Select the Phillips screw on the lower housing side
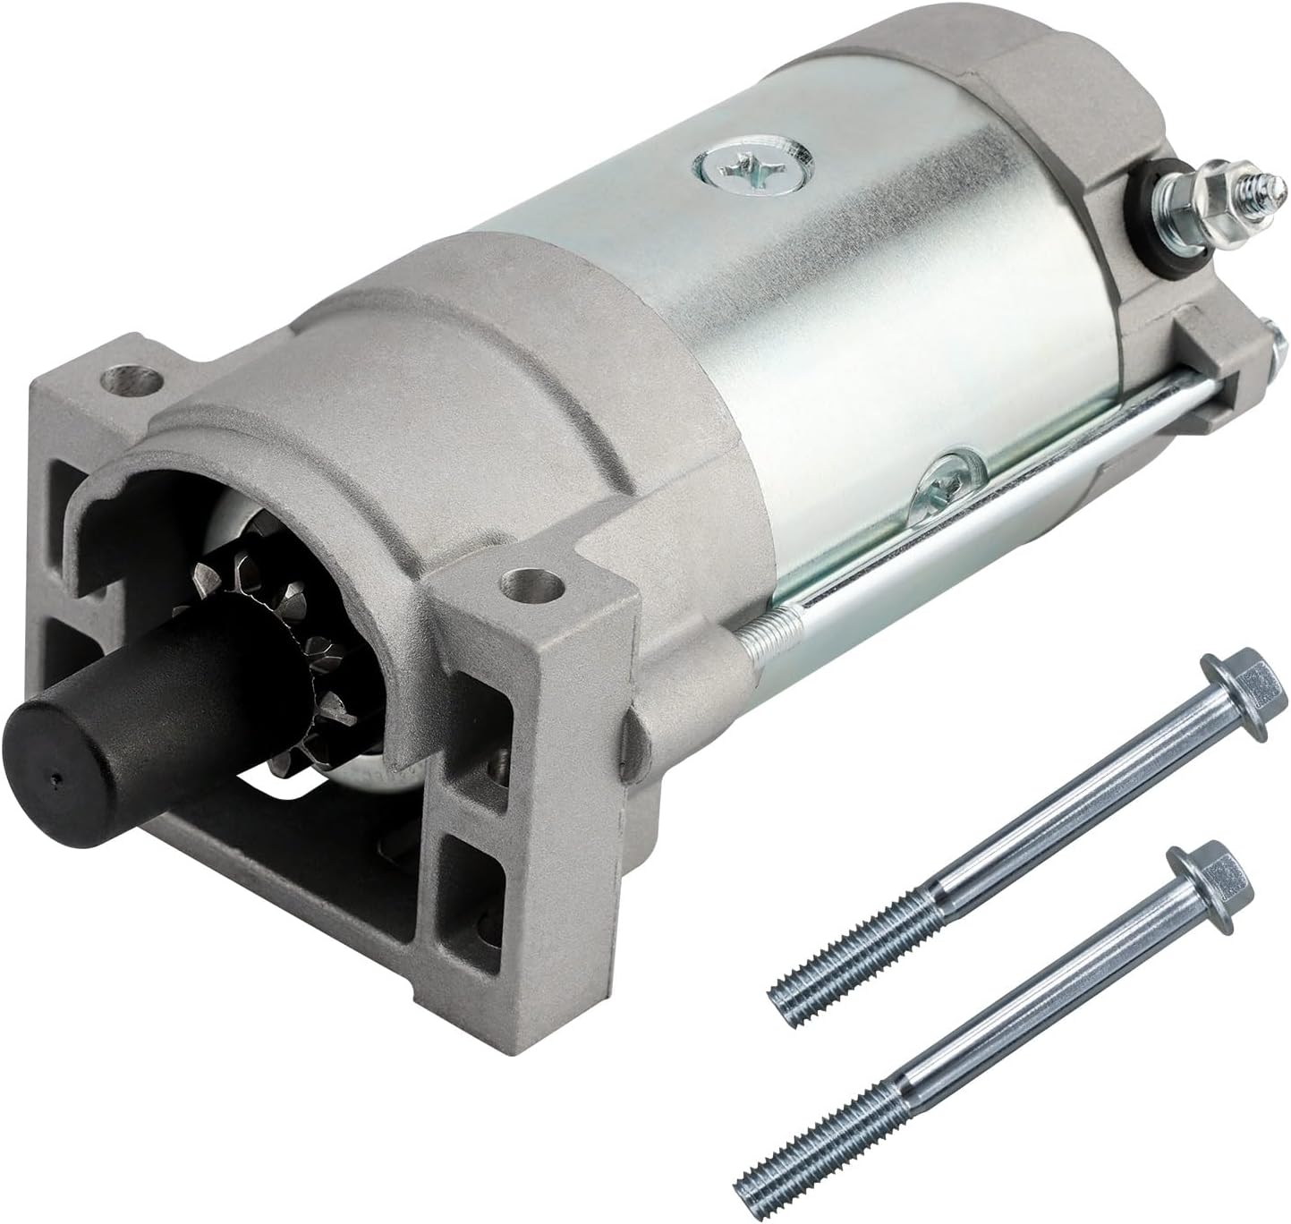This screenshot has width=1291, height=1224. click(948, 473)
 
